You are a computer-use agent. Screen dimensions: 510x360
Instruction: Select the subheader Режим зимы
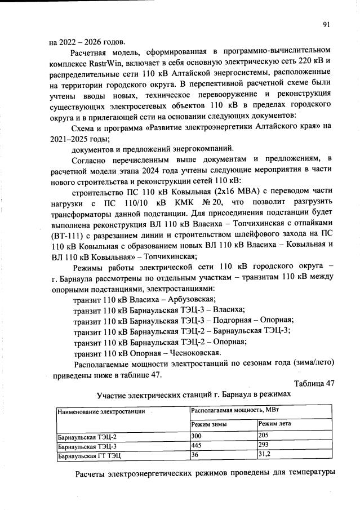click(207, 424)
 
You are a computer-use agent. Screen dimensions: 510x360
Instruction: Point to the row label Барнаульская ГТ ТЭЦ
click(89, 454)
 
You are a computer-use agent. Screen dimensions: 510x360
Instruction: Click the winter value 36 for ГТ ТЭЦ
click(195, 454)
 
